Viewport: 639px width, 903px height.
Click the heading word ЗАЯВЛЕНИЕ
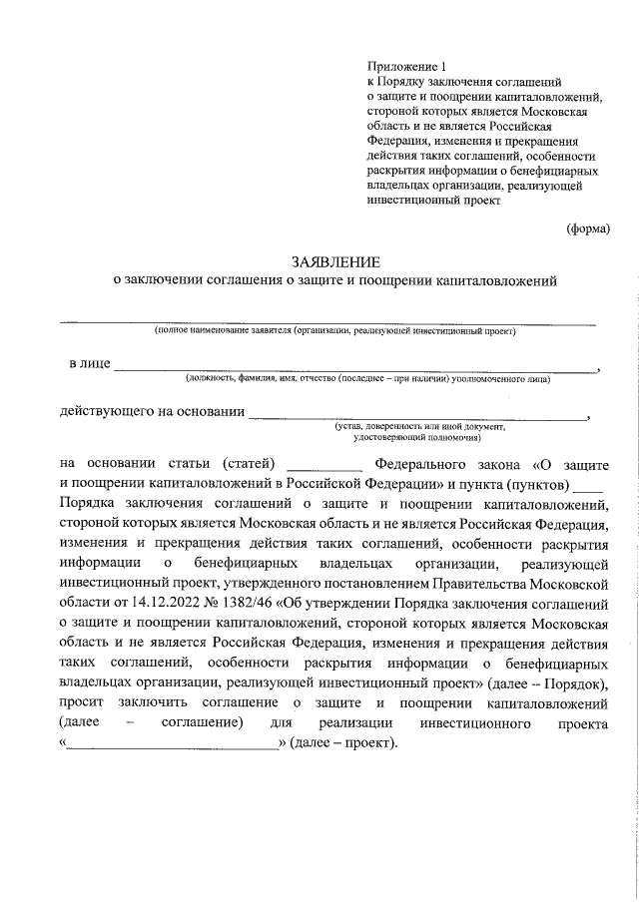point(335,262)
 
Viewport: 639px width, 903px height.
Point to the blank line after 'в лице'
point(354,366)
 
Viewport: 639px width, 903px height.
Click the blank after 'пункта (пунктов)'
point(589,483)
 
